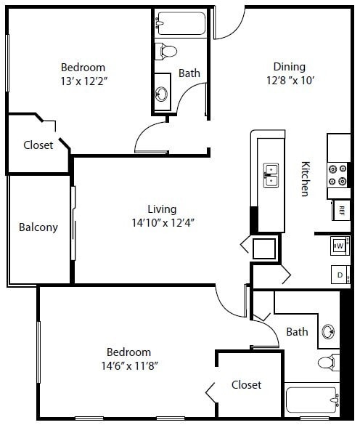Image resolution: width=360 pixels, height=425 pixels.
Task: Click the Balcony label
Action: [x=38, y=227]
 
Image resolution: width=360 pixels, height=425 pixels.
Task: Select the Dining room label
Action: [x=289, y=66]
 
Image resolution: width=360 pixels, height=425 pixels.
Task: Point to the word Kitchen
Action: [x=306, y=179]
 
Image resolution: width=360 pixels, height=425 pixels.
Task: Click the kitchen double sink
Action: [x=270, y=175]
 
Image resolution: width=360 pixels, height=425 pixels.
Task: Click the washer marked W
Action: [x=340, y=247]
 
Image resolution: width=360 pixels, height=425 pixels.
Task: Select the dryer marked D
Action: [x=340, y=275]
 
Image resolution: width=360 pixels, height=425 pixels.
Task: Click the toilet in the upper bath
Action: [x=168, y=51]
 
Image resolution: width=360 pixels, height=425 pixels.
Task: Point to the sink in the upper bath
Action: [x=161, y=94]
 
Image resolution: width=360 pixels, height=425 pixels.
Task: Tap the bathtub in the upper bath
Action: [x=181, y=23]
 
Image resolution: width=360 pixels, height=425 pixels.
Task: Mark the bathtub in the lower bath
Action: [x=313, y=400]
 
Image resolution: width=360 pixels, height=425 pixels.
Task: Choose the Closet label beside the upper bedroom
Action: [x=38, y=145]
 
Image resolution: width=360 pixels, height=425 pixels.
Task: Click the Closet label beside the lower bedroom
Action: [x=246, y=384]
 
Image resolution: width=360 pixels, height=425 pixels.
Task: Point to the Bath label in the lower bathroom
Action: [x=297, y=332]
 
